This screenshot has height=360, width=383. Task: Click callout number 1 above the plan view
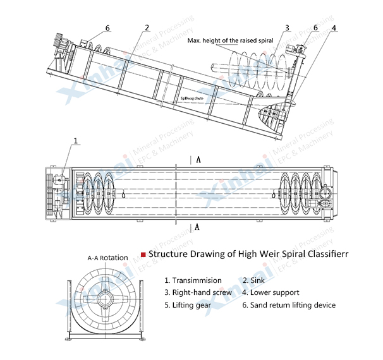pos(76,141)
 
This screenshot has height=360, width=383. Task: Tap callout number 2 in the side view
pos(147,27)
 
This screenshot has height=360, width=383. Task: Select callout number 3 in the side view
pos(287,28)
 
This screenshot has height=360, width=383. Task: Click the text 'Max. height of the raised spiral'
pos(230,40)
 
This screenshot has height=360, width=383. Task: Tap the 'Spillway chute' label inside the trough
pos(193,99)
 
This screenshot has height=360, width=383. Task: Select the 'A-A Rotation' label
pos(107,258)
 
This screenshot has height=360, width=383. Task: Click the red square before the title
pos(143,254)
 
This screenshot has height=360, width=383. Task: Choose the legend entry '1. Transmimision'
pos(193,280)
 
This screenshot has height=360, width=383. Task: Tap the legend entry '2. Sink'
pos(254,280)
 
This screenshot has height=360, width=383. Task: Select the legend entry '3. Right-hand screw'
pos(198,292)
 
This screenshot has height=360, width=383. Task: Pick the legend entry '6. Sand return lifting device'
pos(289,305)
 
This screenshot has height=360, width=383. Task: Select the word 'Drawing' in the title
pos(209,254)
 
